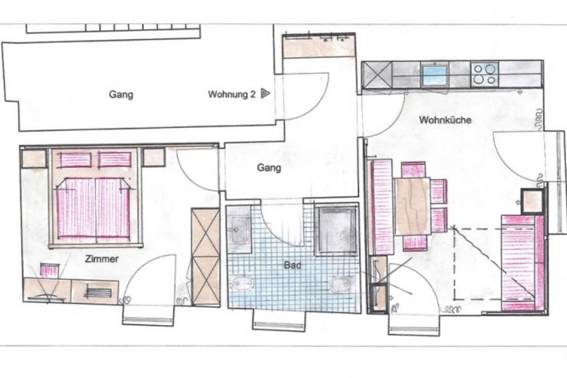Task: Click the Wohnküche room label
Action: (x=445, y=120)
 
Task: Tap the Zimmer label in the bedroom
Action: (x=102, y=259)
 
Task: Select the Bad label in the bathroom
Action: (x=292, y=265)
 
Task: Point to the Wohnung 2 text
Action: (x=232, y=94)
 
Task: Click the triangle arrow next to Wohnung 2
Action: (x=265, y=94)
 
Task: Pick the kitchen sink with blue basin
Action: (x=435, y=75)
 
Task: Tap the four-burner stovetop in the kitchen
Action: (x=485, y=74)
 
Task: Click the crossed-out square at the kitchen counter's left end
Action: (x=377, y=74)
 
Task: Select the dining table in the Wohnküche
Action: (x=413, y=206)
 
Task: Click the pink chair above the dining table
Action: (x=413, y=170)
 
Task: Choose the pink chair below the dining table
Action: (x=415, y=242)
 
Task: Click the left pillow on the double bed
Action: (x=75, y=159)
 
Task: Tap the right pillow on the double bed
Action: (x=114, y=159)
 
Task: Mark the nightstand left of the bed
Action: (x=34, y=159)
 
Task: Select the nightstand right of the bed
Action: (x=154, y=157)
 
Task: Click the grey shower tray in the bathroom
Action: (x=336, y=229)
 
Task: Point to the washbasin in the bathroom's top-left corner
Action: (x=239, y=229)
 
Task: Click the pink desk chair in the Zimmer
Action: (x=49, y=270)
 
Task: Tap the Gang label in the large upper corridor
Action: (x=121, y=95)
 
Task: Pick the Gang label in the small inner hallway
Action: (x=269, y=168)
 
